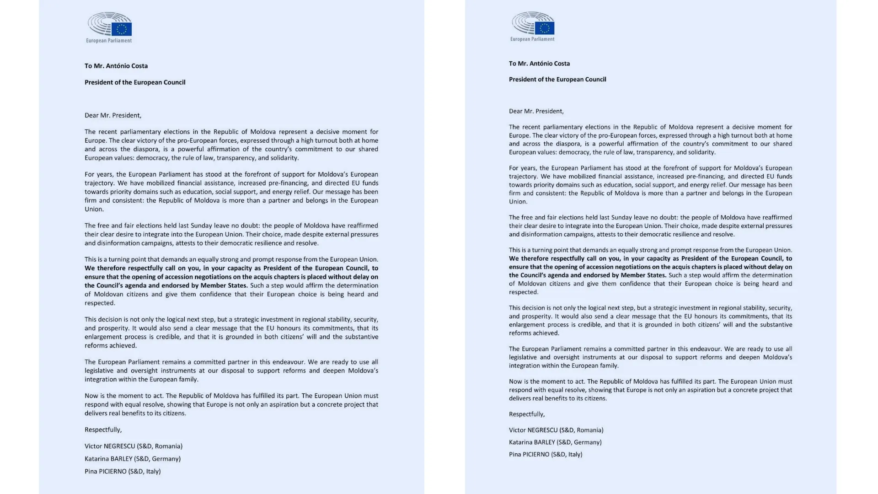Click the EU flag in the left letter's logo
point(122,29)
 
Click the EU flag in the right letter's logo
point(545,28)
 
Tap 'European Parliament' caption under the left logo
point(109,41)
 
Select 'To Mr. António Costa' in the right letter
point(539,64)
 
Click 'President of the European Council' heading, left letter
point(135,82)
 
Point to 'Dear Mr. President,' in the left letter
point(113,115)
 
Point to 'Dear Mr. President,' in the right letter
point(536,111)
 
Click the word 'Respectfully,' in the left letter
point(103,430)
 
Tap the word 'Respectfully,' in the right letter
point(527,414)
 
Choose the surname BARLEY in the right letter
point(543,442)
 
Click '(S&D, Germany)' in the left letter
point(157,458)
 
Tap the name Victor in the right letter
point(517,430)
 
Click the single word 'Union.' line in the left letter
point(94,209)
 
